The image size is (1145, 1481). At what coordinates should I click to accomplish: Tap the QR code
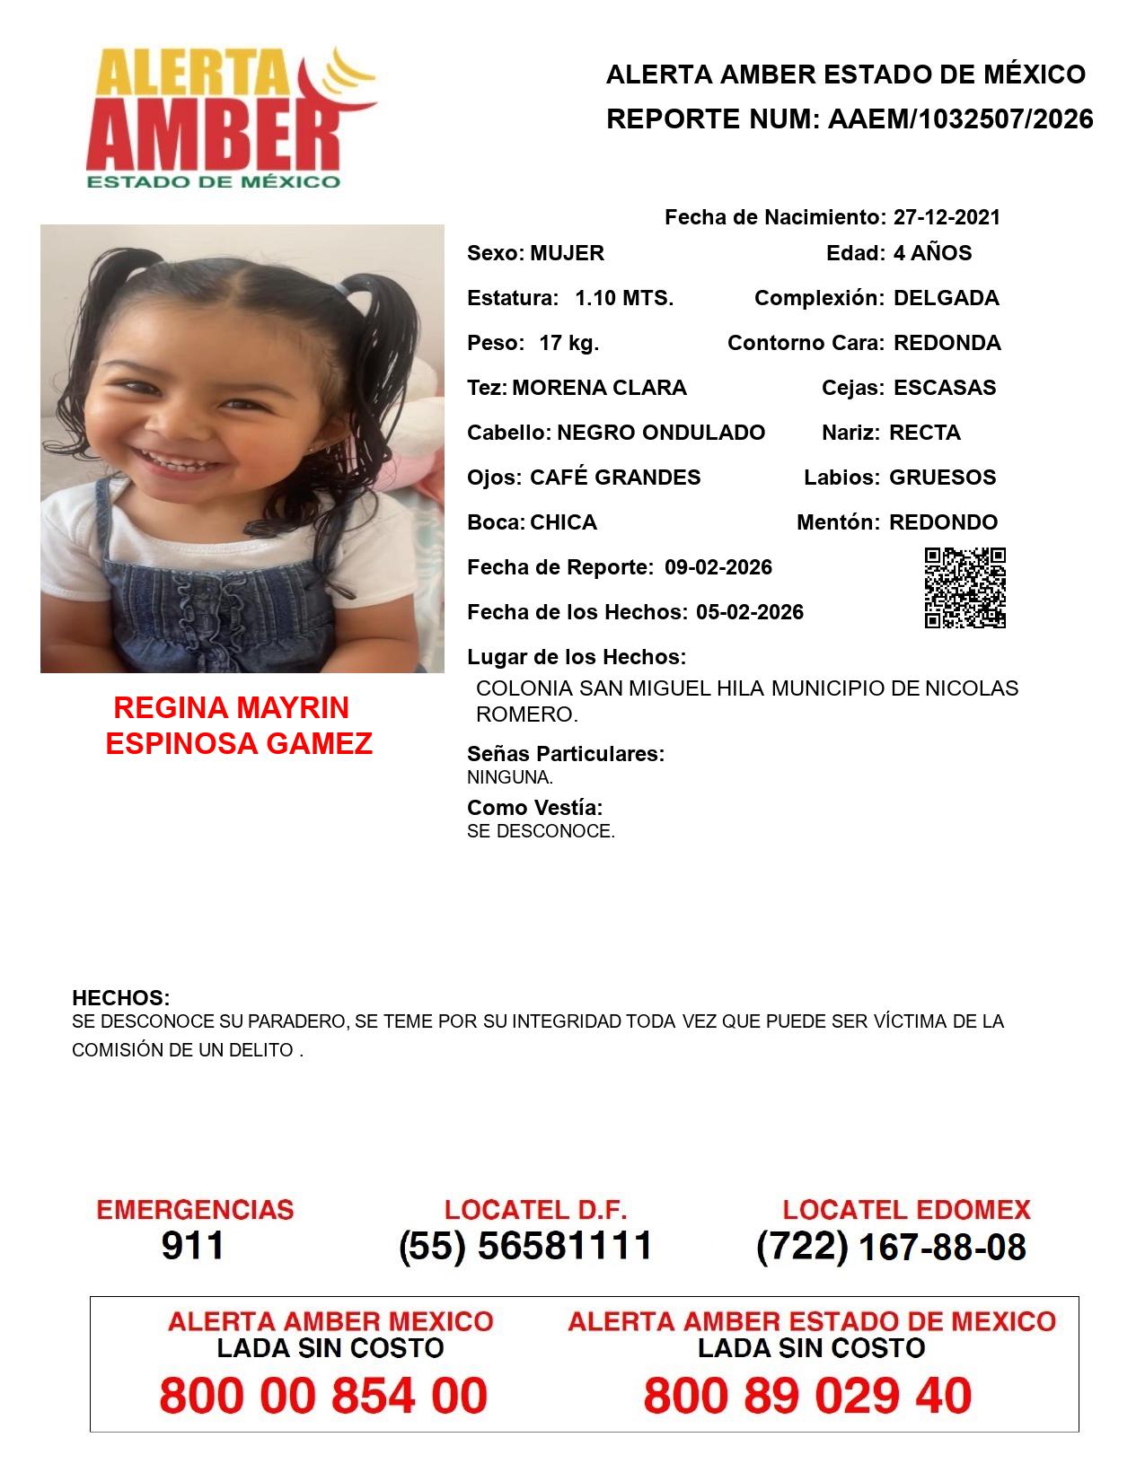(x=964, y=588)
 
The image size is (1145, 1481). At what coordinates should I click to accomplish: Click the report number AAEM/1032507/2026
(x=960, y=118)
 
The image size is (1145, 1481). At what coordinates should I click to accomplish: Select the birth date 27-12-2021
(x=947, y=217)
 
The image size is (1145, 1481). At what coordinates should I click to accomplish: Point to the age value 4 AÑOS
(x=932, y=253)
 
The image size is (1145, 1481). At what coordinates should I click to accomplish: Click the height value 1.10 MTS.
(x=624, y=298)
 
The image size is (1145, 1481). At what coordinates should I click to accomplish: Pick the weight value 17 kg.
(x=568, y=343)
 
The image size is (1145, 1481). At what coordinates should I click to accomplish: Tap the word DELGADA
(x=946, y=298)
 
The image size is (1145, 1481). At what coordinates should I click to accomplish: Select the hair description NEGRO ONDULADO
(x=661, y=433)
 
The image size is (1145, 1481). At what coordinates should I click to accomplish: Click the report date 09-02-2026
(x=718, y=567)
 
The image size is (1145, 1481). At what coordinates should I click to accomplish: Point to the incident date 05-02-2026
(x=750, y=612)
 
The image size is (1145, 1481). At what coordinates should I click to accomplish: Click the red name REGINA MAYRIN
(x=232, y=708)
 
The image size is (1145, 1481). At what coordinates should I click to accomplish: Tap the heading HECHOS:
(x=121, y=998)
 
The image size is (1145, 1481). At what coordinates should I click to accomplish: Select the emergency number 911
(x=193, y=1246)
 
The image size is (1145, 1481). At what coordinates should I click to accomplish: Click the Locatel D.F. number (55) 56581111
(x=525, y=1246)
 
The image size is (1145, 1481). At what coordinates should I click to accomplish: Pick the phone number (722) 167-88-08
(x=891, y=1247)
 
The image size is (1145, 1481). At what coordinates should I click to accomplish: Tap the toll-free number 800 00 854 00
(x=323, y=1396)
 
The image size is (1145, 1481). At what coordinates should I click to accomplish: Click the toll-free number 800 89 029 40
(x=807, y=1396)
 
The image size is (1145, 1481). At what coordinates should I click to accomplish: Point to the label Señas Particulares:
(x=566, y=754)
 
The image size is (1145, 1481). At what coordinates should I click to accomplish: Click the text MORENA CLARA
(x=599, y=388)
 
